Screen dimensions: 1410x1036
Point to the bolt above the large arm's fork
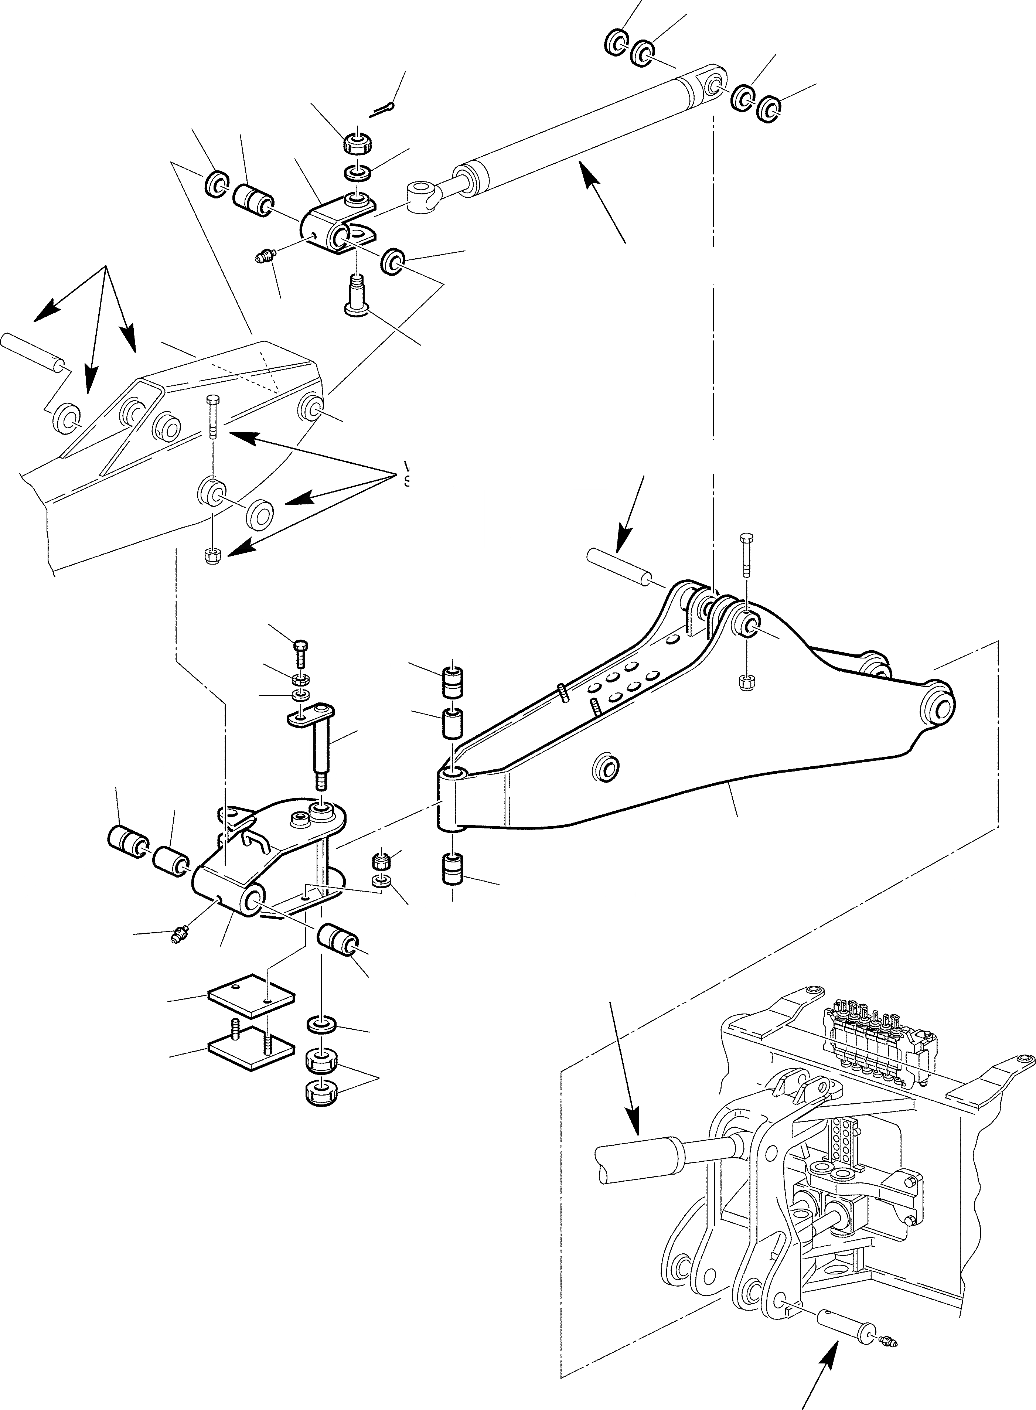(746, 555)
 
